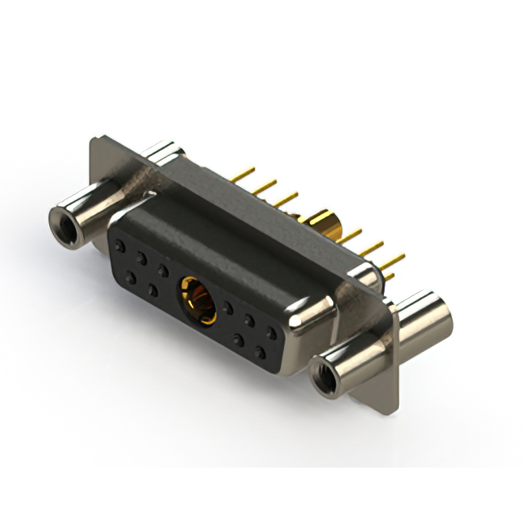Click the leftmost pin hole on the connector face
pos(121,246)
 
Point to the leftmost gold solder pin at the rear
pos(242,175)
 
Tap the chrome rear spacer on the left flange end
pos(164,153)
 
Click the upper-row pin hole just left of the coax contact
pos(163,269)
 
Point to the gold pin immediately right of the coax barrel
pos(351,237)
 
